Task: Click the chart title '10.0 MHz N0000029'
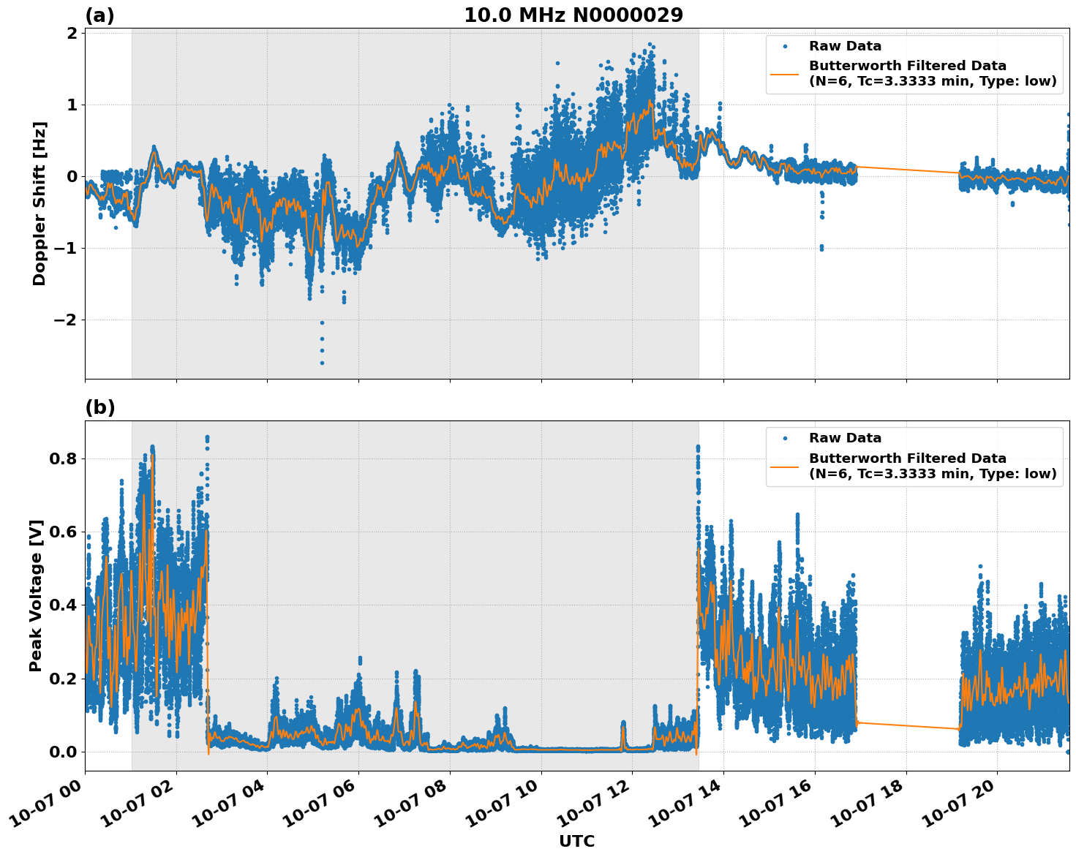[x=573, y=15]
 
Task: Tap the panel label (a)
[x=99, y=15]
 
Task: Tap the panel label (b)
[x=99, y=407]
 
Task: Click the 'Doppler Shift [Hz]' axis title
[x=39, y=203]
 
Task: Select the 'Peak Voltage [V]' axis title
[x=36, y=595]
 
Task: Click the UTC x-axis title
[x=576, y=841]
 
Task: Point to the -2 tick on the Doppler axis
[x=66, y=320]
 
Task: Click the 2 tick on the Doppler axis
[x=72, y=34]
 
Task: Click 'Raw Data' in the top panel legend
[x=845, y=46]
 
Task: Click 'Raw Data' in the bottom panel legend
[x=845, y=438]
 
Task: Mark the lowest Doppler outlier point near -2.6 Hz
[x=322, y=363]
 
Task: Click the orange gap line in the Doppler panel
[x=907, y=170]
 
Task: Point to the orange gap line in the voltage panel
[x=907, y=725]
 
